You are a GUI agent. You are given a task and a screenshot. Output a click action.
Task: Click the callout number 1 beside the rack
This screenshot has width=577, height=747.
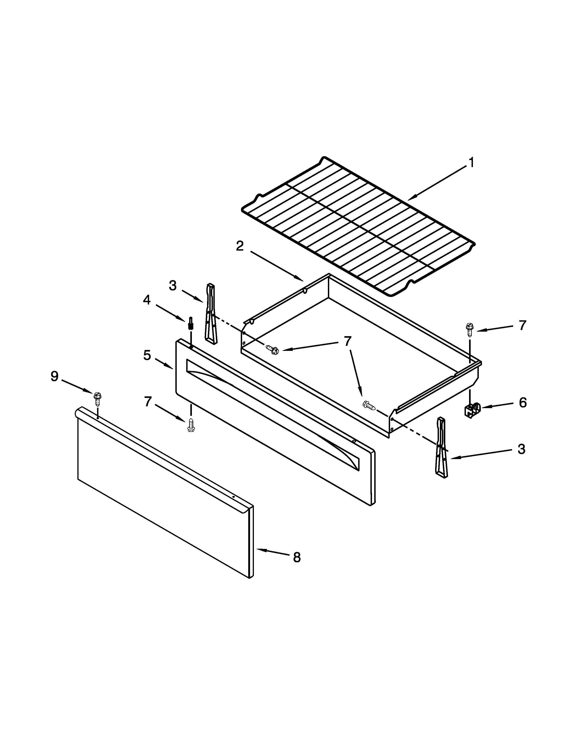tap(471, 163)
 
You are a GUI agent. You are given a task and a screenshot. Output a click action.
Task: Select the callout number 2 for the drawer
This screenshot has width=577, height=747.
tap(240, 246)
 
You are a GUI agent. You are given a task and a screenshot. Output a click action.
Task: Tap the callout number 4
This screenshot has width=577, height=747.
tap(147, 300)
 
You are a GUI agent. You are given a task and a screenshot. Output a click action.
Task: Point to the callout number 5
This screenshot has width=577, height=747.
tap(147, 355)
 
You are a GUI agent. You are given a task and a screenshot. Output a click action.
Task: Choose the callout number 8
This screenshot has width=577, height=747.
tap(297, 558)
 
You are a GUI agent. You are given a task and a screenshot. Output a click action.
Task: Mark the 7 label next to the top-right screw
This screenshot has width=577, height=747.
tap(522, 326)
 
